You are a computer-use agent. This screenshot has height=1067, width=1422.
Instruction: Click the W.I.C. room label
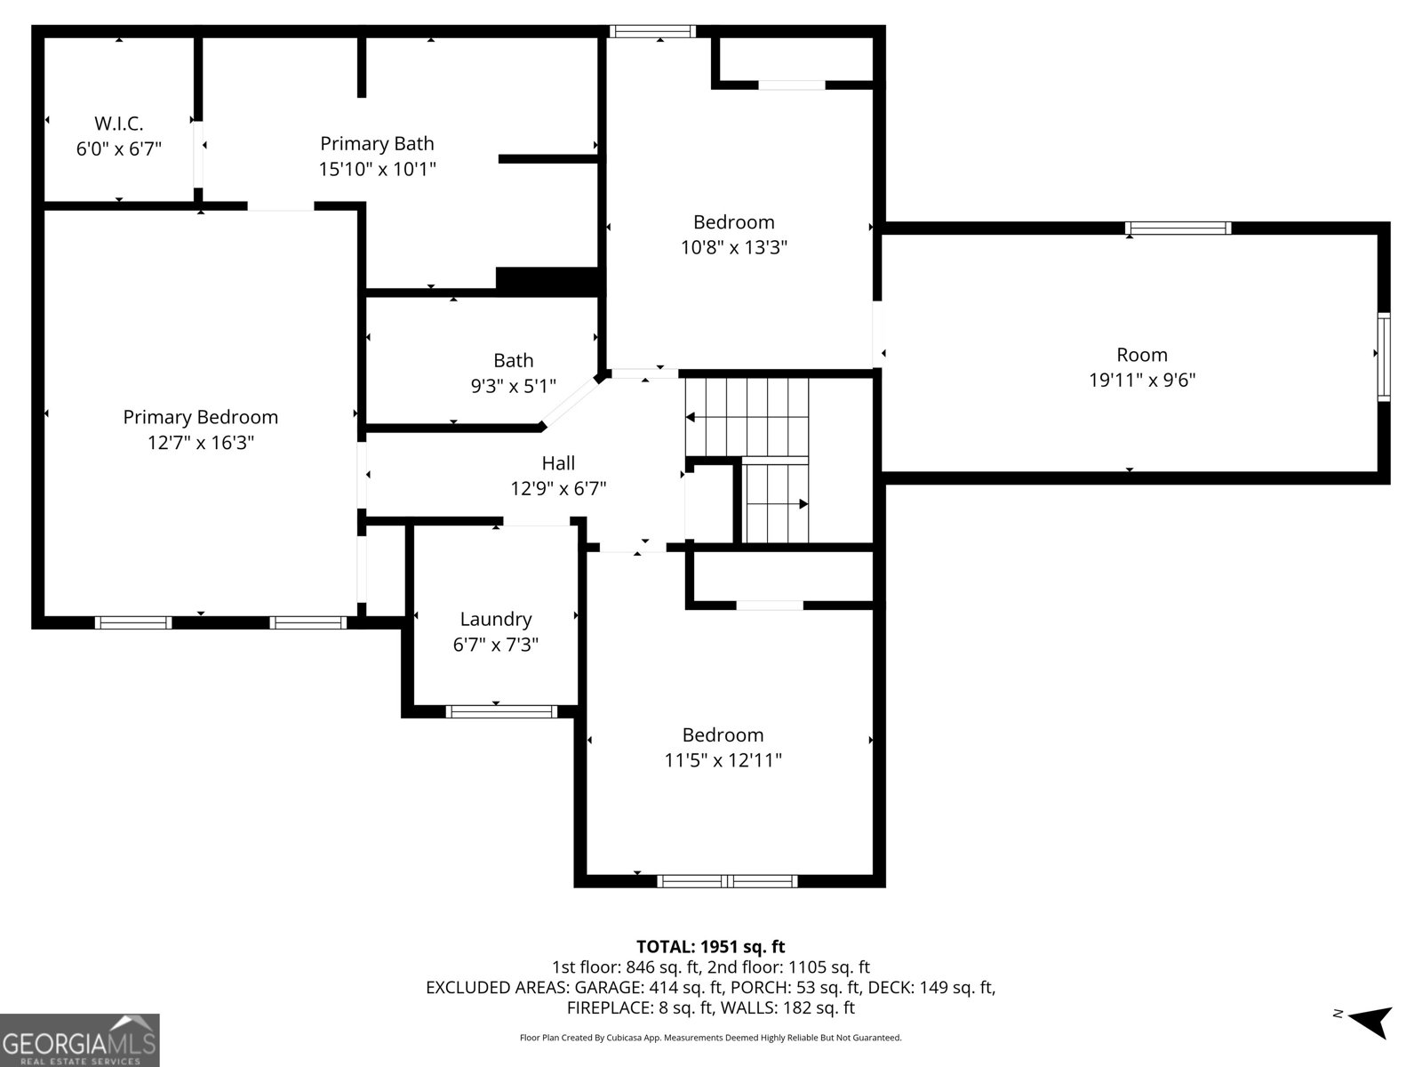pos(119,124)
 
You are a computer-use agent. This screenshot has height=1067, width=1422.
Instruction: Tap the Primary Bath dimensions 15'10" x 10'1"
pos(377,169)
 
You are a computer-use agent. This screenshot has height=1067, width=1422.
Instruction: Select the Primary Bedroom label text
pos(200,417)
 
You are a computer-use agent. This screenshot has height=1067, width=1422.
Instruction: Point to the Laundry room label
pos(495,619)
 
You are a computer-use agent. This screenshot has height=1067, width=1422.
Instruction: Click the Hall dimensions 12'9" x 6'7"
pos(558,488)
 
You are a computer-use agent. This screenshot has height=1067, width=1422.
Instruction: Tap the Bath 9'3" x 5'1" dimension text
pos(513,386)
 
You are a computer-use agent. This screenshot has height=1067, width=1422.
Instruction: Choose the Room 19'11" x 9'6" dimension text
pos(1142,381)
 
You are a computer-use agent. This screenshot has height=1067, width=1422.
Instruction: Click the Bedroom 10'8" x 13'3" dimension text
pos(734,247)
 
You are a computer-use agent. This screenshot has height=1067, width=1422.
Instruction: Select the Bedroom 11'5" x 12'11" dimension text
pos(723,760)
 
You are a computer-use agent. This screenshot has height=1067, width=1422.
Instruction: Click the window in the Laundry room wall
pos(500,711)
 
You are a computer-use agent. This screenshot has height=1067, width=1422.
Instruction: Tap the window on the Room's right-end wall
pos(1383,357)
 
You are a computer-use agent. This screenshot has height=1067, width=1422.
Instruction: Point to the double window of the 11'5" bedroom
pos(727,881)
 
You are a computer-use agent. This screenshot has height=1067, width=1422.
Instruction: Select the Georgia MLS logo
pos(80,1039)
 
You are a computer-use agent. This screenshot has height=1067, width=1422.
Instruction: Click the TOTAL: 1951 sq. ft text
pos(710,947)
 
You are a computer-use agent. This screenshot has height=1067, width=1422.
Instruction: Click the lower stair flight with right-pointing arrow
pos(775,503)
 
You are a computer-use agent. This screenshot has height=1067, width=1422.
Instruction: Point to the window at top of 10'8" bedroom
pos(652,32)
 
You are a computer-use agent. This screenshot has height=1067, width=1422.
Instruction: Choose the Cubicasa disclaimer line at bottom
pos(710,1038)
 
